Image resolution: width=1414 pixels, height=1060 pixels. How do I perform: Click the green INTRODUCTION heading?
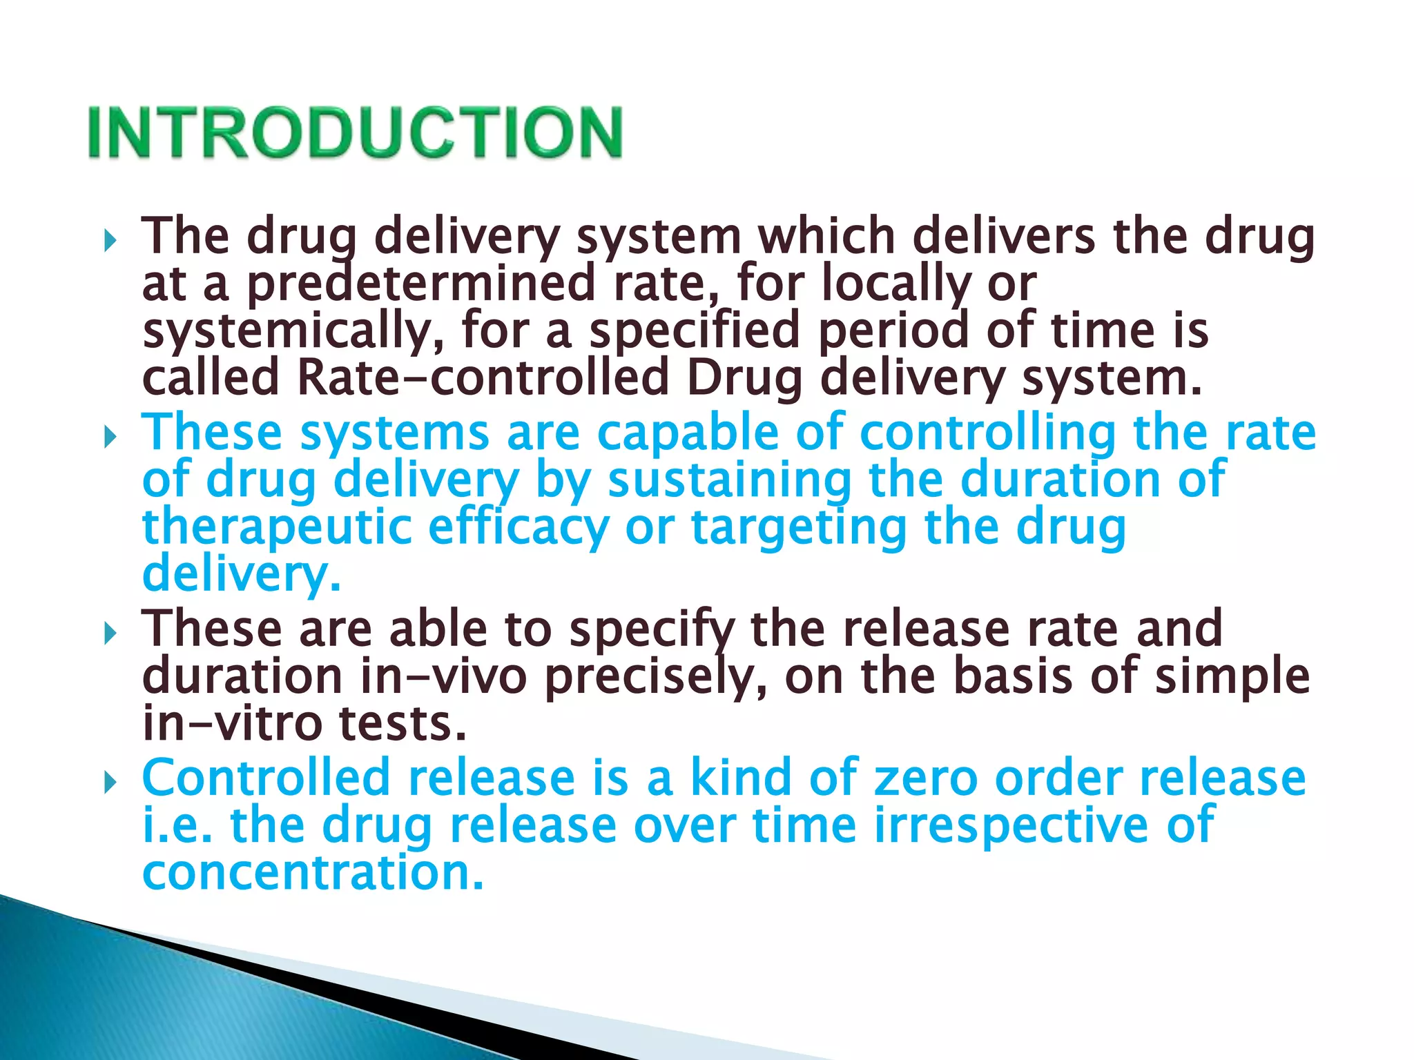[x=355, y=132]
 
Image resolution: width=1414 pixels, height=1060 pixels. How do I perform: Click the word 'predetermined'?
[x=421, y=284]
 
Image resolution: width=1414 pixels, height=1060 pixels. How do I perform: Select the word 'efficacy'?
[x=518, y=527]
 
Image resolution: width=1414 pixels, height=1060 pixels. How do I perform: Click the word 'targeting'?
[x=799, y=527]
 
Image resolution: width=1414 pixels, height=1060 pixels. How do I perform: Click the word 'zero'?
[x=926, y=778]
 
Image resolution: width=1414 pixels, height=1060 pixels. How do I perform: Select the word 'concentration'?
[x=313, y=872]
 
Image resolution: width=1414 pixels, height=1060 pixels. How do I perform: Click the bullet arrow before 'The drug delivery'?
[x=109, y=241]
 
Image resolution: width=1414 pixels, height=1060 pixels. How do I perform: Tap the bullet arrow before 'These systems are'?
[x=109, y=437]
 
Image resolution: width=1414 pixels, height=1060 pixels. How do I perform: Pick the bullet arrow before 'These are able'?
[x=109, y=633]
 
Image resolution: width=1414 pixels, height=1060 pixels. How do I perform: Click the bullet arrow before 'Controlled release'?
[x=109, y=783]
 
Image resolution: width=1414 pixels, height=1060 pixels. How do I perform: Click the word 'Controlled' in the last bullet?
[x=266, y=778]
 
